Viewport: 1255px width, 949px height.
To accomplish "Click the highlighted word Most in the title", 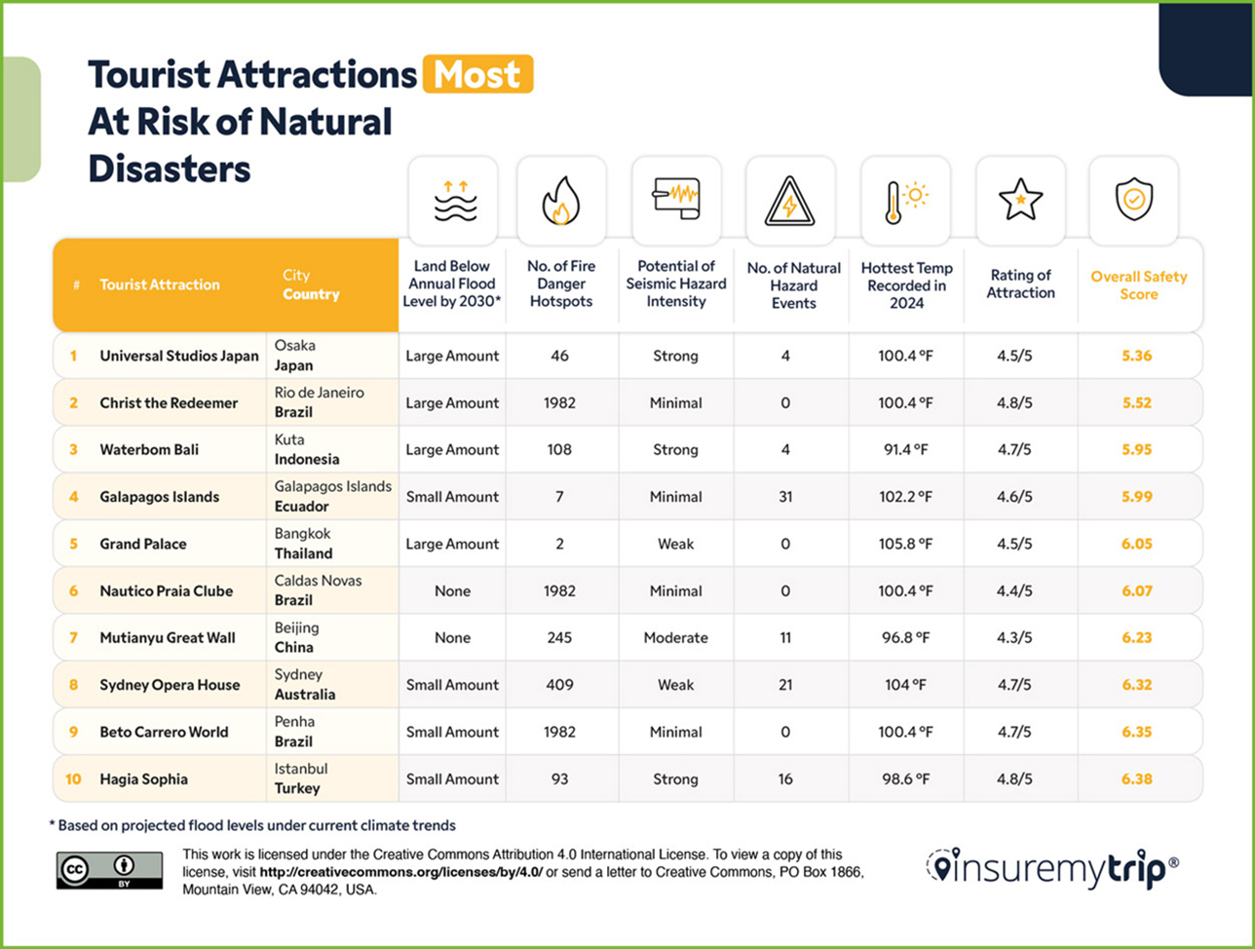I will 477,74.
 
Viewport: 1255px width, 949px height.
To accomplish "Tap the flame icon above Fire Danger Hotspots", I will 560,202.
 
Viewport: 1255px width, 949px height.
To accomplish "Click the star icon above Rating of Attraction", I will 1020,200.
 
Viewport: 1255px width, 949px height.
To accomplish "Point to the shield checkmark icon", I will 1133,200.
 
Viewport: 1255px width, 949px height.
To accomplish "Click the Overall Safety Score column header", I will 1138,285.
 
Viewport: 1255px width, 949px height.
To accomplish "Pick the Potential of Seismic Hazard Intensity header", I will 675,284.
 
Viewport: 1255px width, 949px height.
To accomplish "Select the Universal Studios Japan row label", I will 179,356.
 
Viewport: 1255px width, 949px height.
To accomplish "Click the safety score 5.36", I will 1136,356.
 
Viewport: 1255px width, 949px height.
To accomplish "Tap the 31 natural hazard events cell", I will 785,497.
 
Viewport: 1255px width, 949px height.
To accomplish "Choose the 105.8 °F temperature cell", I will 905,544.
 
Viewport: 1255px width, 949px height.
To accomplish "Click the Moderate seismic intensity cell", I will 675,638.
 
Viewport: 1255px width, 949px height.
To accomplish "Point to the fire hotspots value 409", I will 560,685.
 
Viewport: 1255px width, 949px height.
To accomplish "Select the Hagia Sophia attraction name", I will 143,779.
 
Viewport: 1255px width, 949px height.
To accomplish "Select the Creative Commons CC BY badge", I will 109,869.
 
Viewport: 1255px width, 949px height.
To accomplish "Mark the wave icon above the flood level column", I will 452,202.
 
